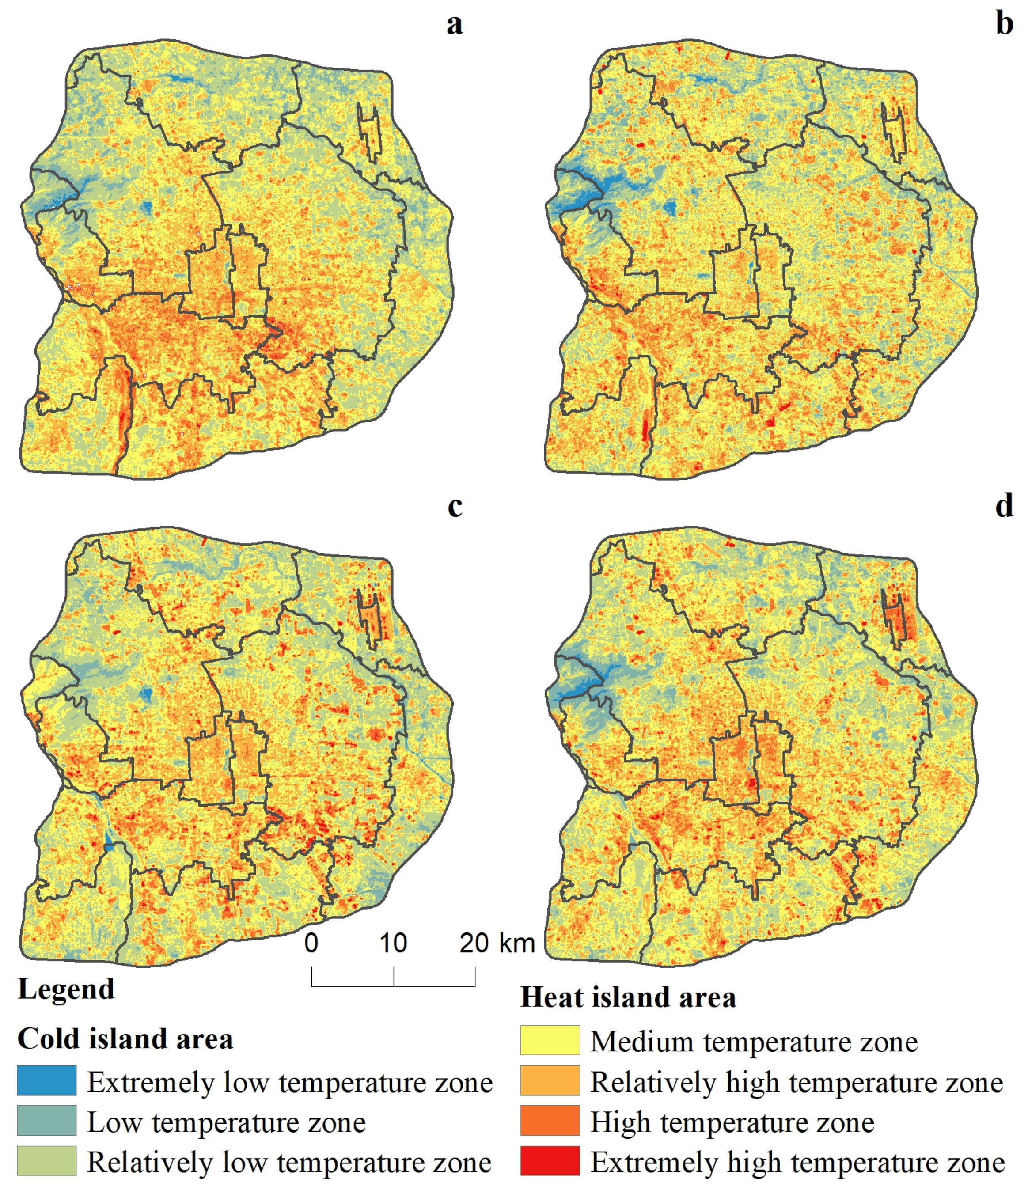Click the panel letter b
point(1004,25)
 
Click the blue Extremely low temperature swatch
point(46,1081)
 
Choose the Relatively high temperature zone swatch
point(550,1081)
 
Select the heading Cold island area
point(125,1039)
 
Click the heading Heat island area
point(628,997)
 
